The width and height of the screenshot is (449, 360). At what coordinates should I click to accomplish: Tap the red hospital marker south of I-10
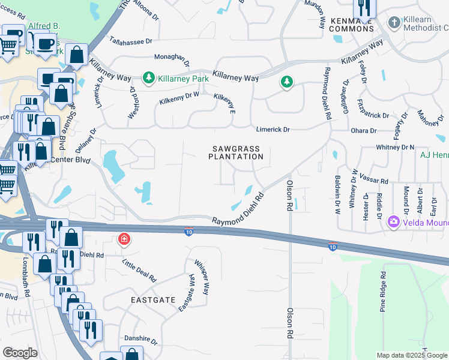[x=124, y=240]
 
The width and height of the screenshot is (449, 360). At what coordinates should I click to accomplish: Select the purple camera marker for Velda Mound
[x=394, y=222]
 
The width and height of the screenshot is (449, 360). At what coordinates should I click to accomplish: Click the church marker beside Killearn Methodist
[x=394, y=23]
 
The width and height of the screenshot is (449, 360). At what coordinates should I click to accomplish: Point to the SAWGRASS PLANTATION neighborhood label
[x=236, y=152]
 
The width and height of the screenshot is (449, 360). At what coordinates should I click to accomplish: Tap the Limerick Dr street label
[x=273, y=130]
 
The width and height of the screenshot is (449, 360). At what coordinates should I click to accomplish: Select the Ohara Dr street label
[x=364, y=130]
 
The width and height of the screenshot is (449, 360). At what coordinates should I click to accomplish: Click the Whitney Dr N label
[x=396, y=147]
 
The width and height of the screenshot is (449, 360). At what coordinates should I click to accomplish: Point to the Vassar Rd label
[x=376, y=181]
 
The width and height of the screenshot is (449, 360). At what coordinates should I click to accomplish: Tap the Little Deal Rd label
[x=139, y=271]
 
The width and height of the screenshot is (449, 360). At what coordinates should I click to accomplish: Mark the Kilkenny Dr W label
[x=179, y=98]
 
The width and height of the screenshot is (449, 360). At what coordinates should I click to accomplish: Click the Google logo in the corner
[x=20, y=353]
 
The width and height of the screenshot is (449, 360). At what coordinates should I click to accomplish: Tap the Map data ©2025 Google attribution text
[x=412, y=355]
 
